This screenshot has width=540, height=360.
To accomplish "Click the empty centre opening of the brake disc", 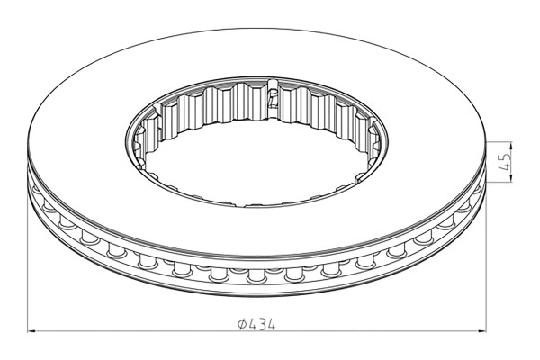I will tap(256, 153).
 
